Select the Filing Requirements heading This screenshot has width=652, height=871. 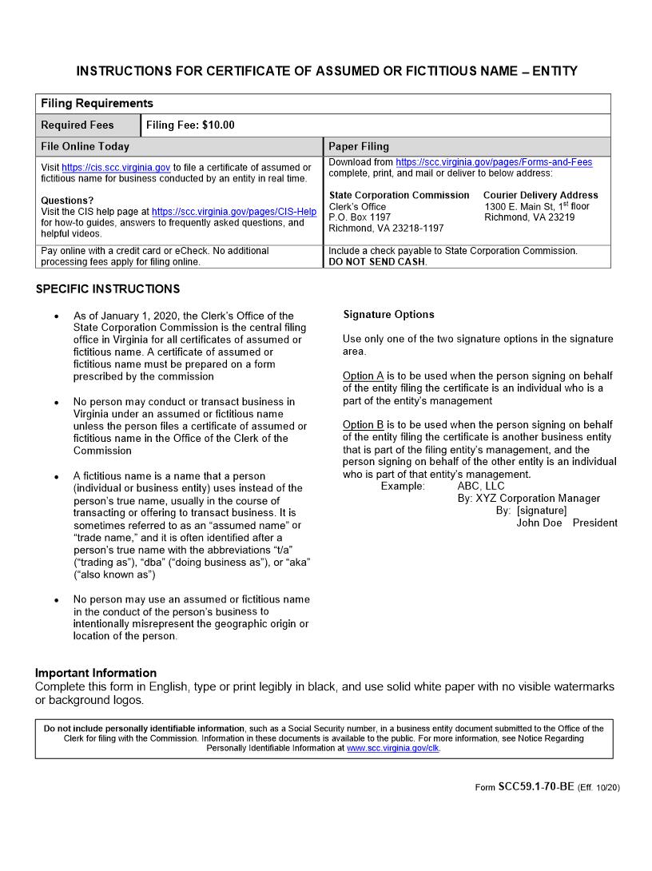point(97,104)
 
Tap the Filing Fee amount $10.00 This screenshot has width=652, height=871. point(218,125)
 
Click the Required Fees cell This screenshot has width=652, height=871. point(78,125)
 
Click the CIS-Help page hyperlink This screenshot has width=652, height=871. point(234,212)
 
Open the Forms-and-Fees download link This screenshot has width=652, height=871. point(494,162)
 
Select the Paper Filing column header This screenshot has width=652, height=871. point(359,147)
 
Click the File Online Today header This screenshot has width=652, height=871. point(85,147)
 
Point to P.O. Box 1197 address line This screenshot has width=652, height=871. point(360,217)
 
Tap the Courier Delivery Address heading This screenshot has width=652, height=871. point(540,195)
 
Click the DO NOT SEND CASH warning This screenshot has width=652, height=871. point(378,262)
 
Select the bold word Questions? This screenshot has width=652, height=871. point(67,201)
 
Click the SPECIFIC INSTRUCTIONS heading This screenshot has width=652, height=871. point(108,289)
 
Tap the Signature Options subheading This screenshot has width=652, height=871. point(388,315)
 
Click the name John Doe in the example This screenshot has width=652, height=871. point(539,523)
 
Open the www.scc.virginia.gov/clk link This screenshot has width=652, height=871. point(393,749)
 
